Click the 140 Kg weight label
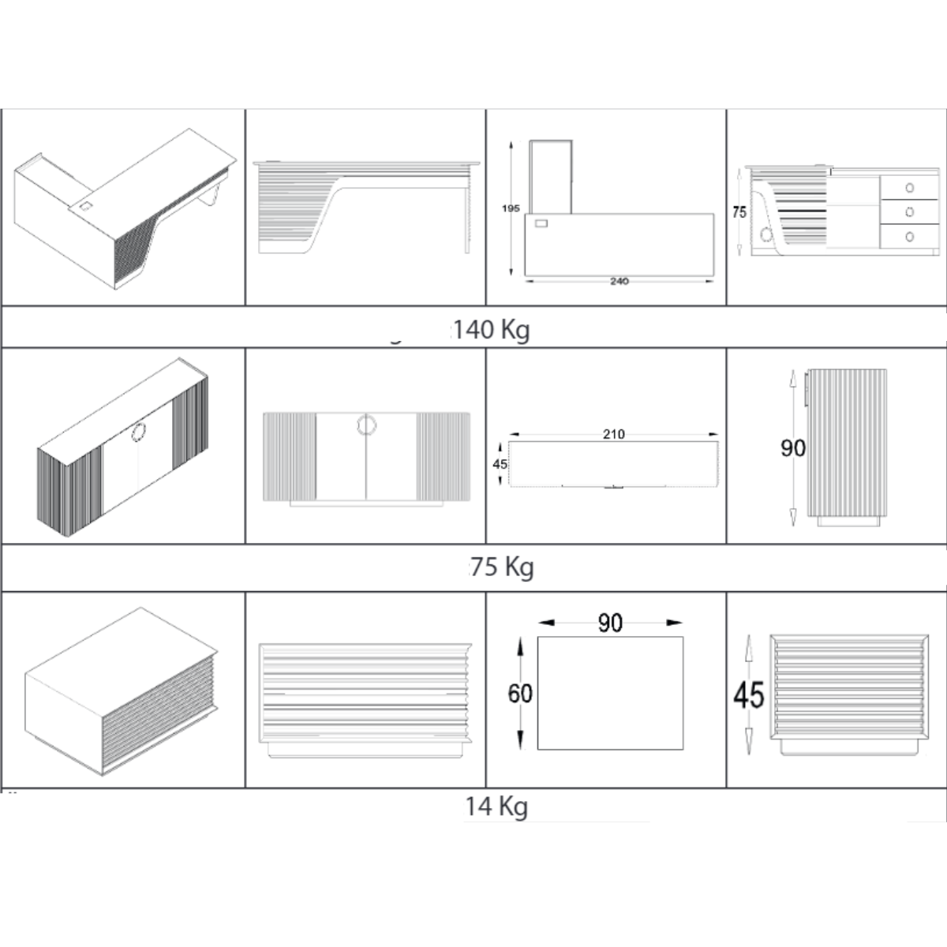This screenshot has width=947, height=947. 491,330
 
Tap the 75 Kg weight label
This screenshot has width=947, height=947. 502,567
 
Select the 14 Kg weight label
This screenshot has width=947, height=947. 496,807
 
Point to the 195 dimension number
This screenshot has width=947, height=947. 511,208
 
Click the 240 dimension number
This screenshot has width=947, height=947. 619,282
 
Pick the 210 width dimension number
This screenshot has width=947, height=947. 614,434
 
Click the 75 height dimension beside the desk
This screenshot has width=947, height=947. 739,212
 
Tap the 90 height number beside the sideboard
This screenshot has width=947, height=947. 792,447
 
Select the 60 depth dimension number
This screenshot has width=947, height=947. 520,694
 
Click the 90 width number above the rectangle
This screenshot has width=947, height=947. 610,623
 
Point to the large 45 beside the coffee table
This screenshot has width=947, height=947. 748,695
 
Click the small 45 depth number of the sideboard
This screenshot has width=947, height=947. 500,464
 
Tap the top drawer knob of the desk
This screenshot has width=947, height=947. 909,188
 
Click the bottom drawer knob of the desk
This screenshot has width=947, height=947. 909,237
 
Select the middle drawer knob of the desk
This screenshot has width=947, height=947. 909,211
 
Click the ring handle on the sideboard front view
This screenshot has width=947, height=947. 367,425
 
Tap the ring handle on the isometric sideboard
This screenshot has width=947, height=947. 139,432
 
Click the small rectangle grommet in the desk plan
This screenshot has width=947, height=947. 541,223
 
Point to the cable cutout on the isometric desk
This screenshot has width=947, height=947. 85,205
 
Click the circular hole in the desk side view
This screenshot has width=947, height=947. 765,235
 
